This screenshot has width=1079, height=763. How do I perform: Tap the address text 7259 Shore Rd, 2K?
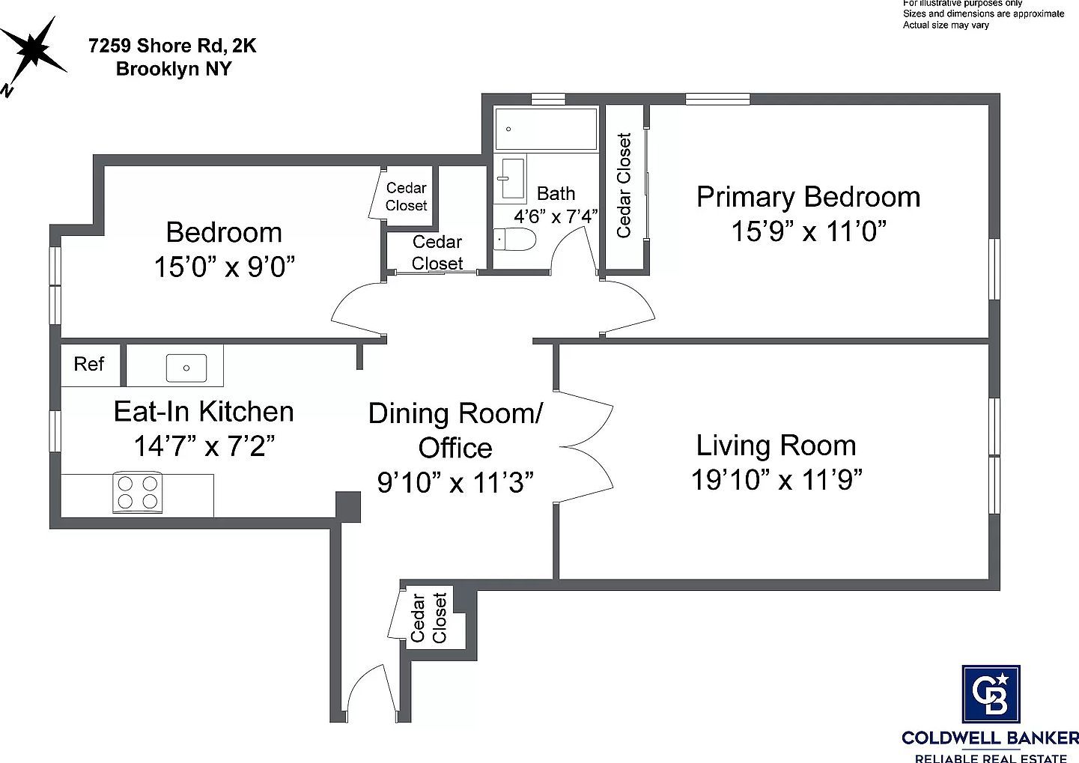[171, 46]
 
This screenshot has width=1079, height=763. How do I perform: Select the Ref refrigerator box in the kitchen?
[89, 364]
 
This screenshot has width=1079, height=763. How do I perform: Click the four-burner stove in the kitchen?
[138, 493]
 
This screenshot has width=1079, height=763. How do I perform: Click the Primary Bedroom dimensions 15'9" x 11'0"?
[808, 231]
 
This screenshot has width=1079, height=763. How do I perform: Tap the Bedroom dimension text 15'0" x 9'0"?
[224, 267]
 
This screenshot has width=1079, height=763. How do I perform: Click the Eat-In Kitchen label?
[204, 411]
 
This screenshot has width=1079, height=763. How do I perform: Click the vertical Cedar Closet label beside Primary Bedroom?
[624, 186]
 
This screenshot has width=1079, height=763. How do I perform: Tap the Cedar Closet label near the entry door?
[428, 618]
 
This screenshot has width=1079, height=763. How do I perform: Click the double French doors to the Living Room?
[586, 447]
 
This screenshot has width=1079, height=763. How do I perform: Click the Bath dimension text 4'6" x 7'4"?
[555, 217]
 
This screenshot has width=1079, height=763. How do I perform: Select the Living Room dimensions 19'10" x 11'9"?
[776, 479]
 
